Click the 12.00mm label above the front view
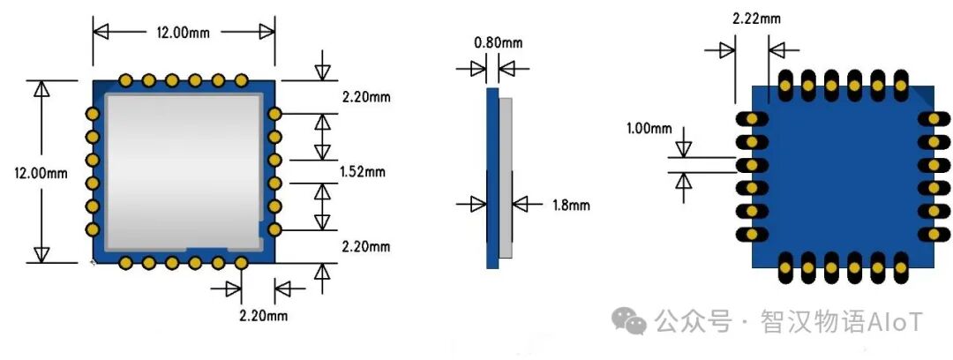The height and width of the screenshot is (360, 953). point(182,33)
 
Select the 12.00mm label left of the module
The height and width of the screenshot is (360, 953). point(41,173)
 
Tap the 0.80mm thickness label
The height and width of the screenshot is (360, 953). point(498,42)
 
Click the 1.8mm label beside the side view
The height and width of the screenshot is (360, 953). point(571,205)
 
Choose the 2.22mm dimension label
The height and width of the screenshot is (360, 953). point(756,19)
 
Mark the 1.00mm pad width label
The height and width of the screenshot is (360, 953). point(649,128)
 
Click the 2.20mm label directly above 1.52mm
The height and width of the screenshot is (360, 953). point(366,96)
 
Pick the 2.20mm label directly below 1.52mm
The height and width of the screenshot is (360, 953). point(366,246)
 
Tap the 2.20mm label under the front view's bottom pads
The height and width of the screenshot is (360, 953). point(263,316)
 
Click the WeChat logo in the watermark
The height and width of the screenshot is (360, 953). point(628,320)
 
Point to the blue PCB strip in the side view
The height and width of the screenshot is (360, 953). point(492,178)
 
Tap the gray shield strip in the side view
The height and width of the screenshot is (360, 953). point(506,177)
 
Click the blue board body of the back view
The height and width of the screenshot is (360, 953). point(843,176)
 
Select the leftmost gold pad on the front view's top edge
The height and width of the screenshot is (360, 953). point(126,80)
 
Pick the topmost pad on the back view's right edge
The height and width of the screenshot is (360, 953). point(934,119)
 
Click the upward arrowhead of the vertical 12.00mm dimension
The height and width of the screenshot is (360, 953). point(41,89)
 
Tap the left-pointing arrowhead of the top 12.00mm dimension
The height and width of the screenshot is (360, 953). point(101,32)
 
